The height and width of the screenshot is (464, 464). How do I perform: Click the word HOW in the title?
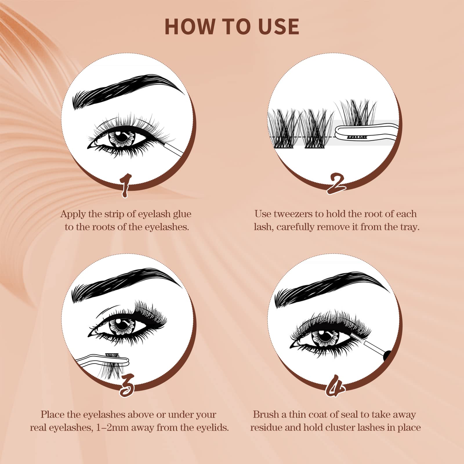click(191, 27)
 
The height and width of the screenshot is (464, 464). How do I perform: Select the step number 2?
click(336, 184)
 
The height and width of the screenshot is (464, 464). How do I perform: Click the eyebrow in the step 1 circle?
click(128, 90)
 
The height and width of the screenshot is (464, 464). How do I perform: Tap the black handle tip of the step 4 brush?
click(388, 356)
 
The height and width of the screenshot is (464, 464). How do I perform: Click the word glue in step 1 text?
click(182, 214)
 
